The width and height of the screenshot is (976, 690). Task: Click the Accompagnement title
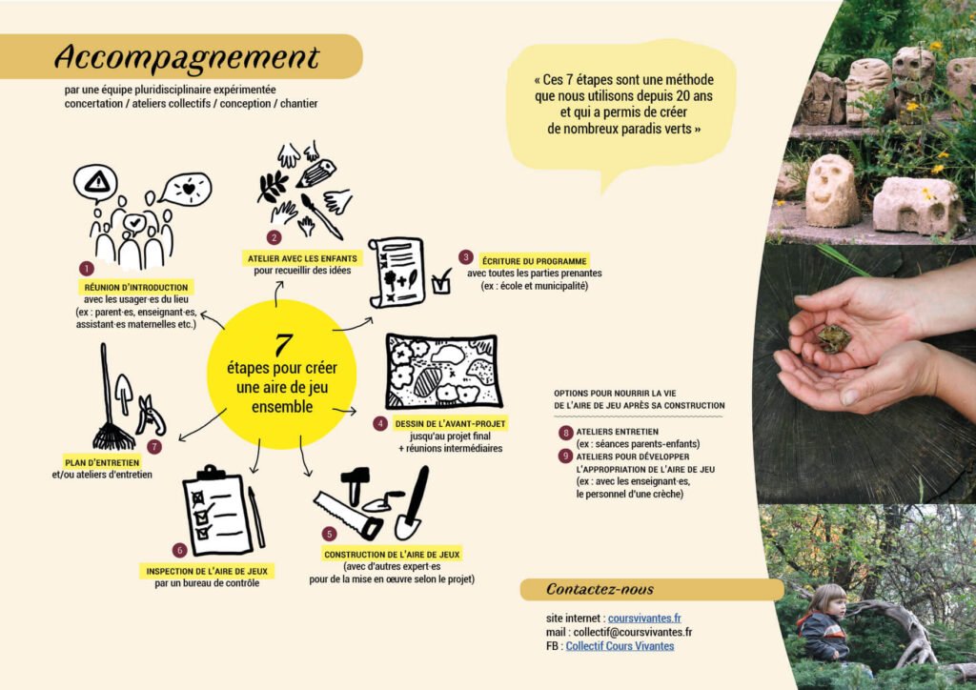pyautogui.click(x=187, y=57)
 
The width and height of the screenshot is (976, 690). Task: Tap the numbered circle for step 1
pyautogui.click(x=87, y=268)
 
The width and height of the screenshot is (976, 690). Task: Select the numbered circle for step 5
pyautogui.click(x=329, y=534)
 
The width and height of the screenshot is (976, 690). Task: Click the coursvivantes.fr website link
pyautogui.click(x=644, y=618)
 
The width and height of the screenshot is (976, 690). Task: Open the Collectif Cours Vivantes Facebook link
pyautogui.click(x=620, y=646)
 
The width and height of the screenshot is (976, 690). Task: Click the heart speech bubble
pyautogui.click(x=186, y=188)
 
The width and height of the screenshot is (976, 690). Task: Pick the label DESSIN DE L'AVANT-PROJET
pyautogui.click(x=450, y=424)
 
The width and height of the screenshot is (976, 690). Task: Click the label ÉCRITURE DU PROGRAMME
pyautogui.click(x=534, y=261)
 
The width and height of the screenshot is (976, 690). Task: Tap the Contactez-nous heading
pyautogui.click(x=600, y=589)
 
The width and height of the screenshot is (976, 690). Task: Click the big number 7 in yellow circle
pyautogui.click(x=283, y=345)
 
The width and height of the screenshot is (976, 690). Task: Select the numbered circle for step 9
pyautogui.click(x=565, y=457)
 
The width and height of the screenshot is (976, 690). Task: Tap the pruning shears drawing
pyautogui.click(x=151, y=415)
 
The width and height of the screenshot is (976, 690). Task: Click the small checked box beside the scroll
pyautogui.click(x=441, y=282)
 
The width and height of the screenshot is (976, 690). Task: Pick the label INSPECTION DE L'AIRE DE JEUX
pyautogui.click(x=207, y=571)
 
